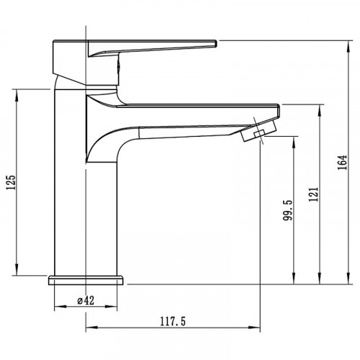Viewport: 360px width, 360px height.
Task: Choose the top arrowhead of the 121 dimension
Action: tap(320, 107)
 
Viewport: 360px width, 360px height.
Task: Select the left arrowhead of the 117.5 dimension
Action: tap(89, 330)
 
